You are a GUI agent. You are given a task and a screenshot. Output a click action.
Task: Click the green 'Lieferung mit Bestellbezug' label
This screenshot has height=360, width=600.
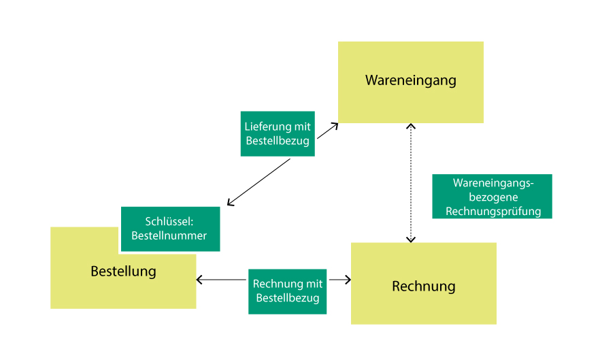[x=278, y=134]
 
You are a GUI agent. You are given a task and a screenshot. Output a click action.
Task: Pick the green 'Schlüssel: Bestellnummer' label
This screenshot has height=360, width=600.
[x=170, y=229]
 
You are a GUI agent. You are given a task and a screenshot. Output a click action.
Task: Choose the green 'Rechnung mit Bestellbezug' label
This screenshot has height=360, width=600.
[x=287, y=291]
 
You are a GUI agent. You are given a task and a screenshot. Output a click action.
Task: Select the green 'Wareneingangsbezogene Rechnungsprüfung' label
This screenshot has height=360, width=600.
[x=492, y=197]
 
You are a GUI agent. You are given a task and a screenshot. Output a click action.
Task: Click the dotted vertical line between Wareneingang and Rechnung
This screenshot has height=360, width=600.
[x=410, y=184]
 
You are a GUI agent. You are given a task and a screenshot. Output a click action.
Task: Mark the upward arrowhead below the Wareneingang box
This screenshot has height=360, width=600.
[x=410, y=127]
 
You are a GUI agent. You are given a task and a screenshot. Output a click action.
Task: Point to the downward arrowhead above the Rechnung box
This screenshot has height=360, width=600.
[x=410, y=239]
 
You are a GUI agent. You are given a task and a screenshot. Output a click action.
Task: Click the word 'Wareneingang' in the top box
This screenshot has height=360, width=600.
[x=410, y=80]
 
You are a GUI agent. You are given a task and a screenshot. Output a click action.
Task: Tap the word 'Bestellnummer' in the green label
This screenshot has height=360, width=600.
[x=169, y=235]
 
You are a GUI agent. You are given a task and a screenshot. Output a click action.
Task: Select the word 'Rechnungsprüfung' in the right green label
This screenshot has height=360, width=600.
[x=493, y=211]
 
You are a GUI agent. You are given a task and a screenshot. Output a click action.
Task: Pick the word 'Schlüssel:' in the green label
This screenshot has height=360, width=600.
[x=169, y=222]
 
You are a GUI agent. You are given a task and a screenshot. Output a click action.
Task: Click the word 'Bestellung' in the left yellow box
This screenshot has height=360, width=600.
[x=123, y=272]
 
